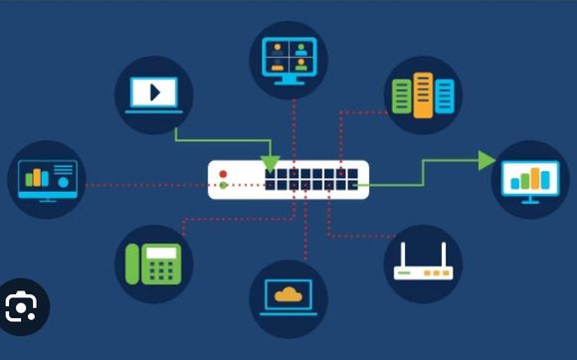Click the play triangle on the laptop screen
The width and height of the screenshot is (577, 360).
click(x=154, y=92)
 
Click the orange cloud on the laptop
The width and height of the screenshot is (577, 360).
click(x=288, y=293)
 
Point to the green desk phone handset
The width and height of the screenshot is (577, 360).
click(x=133, y=263)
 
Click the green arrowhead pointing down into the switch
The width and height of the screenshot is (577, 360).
click(x=270, y=162)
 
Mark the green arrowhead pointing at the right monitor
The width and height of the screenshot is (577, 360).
click(x=486, y=160)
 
